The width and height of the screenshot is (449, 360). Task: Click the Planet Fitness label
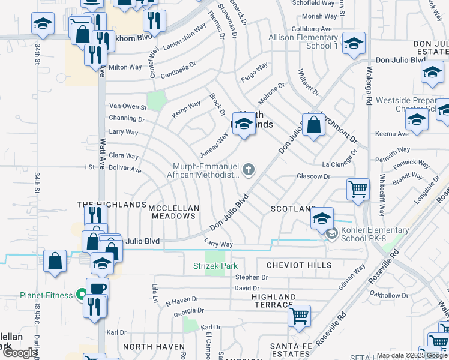click(46, 295)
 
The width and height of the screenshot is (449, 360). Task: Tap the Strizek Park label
click(215, 266)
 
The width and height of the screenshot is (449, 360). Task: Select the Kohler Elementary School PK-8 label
click(375, 235)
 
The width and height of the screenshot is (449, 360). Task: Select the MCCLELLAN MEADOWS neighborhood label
click(173, 208)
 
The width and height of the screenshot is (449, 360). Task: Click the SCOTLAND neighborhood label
click(293, 209)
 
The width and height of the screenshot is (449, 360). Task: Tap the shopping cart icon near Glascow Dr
click(358, 189)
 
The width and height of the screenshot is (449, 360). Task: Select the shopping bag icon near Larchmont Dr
click(314, 125)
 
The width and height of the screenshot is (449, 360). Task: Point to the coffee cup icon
click(97, 289)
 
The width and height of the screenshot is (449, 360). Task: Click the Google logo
click(20, 353)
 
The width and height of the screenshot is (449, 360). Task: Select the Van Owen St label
click(127, 106)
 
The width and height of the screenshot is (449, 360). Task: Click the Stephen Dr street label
click(251, 277)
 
